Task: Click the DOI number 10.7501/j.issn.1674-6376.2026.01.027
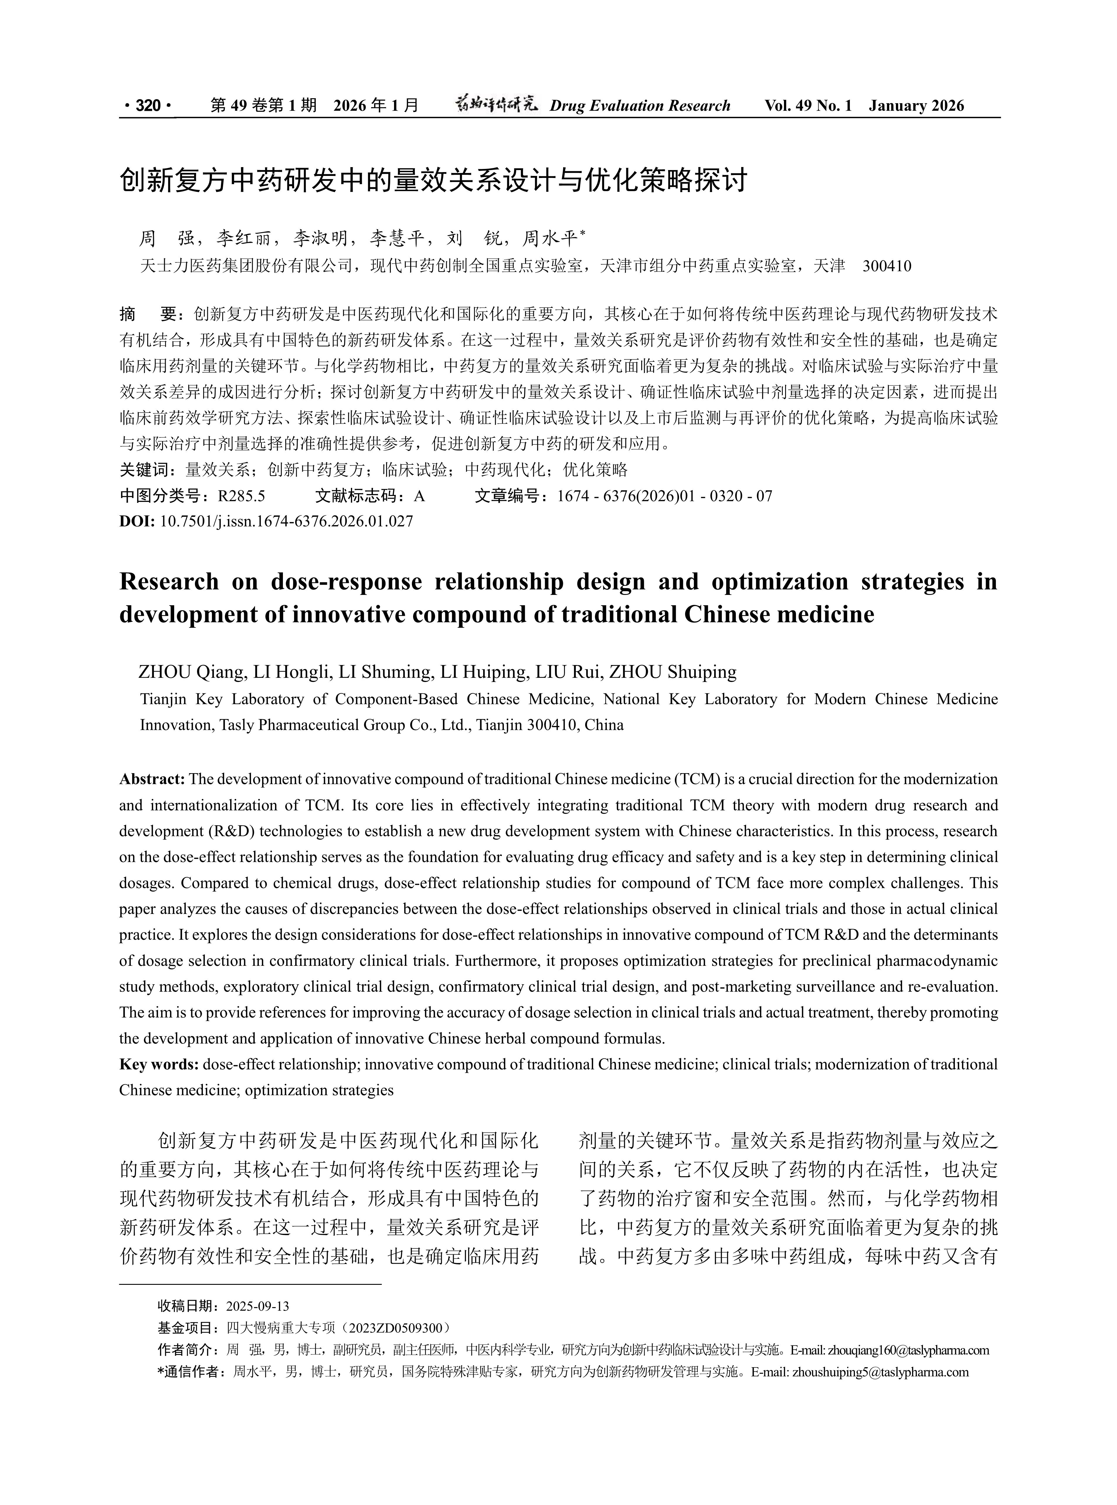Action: point(286,521)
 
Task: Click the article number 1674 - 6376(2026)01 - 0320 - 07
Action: point(664,496)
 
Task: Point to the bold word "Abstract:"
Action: point(152,779)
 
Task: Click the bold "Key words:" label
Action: point(159,1064)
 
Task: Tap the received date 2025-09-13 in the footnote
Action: point(258,1306)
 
